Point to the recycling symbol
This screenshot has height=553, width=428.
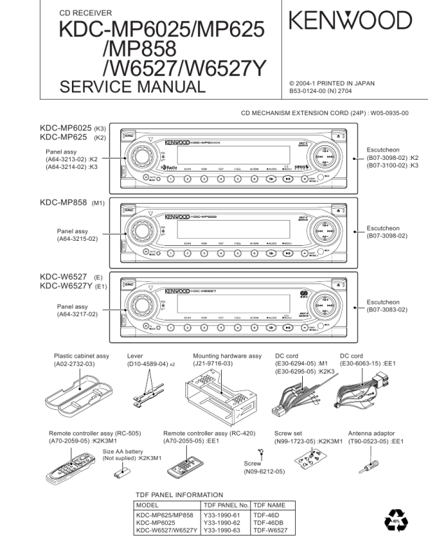[397, 521]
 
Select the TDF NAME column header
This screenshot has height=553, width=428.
[269, 504]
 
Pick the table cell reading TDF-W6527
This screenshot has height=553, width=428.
[271, 531]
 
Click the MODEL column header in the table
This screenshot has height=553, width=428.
[148, 504]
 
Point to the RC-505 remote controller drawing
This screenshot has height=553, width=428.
[69, 468]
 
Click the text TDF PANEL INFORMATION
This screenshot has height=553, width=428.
[179, 494]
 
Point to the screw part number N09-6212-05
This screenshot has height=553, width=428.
[264, 472]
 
